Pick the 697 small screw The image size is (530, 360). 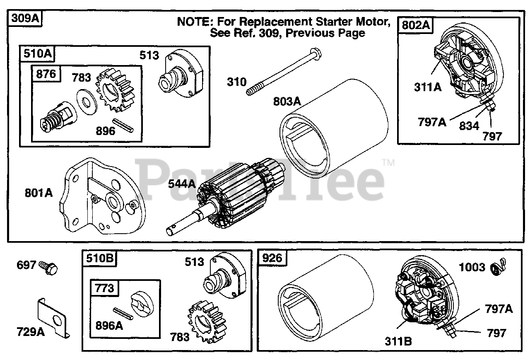(x=48, y=267)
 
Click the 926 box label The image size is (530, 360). (x=272, y=259)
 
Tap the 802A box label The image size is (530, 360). (x=415, y=25)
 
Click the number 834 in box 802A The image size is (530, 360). (x=469, y=126)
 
